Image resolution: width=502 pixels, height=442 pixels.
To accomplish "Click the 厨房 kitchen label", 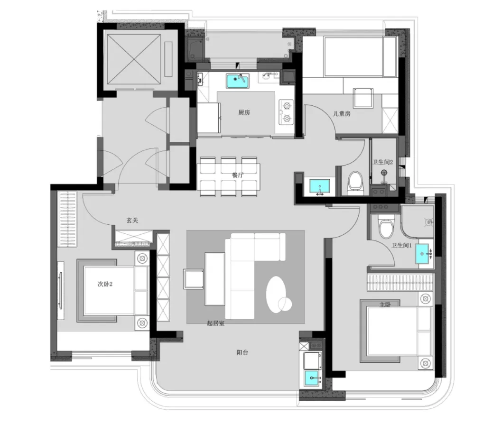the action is (244, 112).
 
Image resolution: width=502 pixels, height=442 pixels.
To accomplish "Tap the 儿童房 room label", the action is (342, 114).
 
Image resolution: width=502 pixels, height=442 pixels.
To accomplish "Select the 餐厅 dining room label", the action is (238, 175).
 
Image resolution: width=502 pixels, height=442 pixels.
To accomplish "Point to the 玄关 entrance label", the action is (132, 220).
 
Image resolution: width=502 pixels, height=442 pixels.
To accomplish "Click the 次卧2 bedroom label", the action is (105, 284).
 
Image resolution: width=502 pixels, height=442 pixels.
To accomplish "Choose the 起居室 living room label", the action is (215, 323).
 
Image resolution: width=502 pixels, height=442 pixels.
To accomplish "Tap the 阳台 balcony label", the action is (242, 352).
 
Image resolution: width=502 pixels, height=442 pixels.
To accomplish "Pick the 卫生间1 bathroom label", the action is (401, 246).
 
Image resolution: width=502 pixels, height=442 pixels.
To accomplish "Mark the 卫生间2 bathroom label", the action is (382, 162).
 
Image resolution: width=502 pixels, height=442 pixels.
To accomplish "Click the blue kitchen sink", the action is (238, 81).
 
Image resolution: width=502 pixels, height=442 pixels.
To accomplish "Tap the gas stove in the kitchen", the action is (287, 112).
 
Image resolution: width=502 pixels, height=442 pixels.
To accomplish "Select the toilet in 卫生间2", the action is (355, 183).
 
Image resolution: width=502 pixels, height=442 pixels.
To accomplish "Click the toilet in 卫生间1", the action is (386, 226).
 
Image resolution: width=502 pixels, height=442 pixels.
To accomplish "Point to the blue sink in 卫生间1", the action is (422, 254).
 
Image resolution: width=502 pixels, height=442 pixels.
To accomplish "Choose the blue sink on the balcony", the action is (311, 378).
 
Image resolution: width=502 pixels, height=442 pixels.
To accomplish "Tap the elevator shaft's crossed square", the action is (134, 59).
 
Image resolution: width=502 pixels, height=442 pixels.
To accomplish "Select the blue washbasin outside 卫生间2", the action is (319, 186).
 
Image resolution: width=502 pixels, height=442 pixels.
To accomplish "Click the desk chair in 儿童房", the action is (363, 98).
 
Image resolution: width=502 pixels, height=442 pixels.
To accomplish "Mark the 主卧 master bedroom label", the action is (385, 304).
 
